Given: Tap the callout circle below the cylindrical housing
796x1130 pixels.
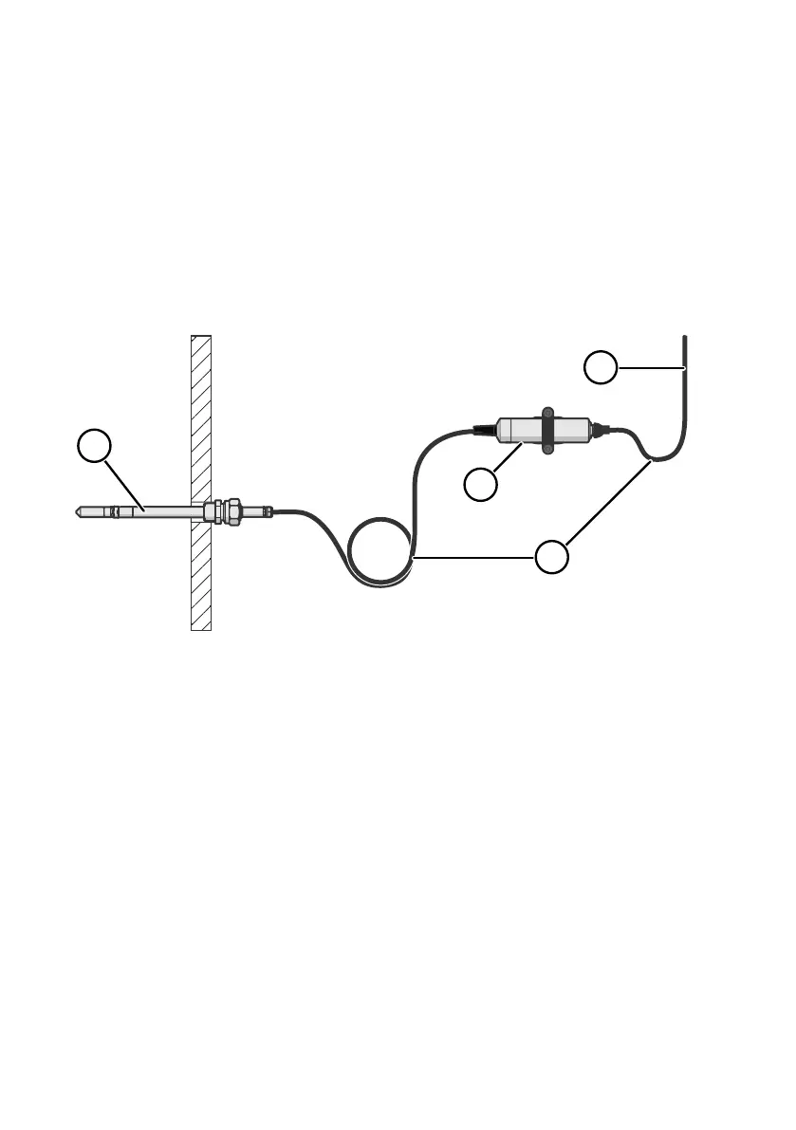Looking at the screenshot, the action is (481, 485).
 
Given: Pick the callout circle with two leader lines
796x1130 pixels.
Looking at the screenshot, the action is (552, 555).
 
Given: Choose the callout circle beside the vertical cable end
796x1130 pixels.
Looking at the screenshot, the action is (601, 367).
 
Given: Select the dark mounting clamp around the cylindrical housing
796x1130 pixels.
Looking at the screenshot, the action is (547, 431).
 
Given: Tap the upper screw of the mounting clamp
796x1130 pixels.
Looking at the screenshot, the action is (547, 412).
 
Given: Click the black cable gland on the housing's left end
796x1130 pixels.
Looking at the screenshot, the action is (485, 430).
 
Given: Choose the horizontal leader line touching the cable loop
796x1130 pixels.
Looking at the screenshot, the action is (474, 559).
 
